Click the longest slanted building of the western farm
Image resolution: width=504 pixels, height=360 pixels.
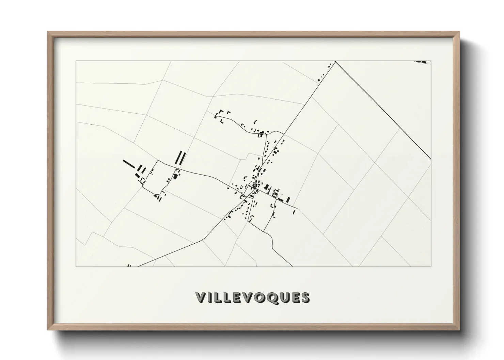(x=129, y=164)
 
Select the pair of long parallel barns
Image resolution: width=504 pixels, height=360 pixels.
(x=180, y=158)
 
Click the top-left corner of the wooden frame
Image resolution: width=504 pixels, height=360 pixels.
(x=48, y=32)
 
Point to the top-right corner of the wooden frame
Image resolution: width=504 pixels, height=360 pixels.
(x=459, y=32)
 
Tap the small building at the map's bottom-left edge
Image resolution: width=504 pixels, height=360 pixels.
(x=129, y=265)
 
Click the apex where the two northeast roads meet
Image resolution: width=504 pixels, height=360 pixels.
(x=335, y=62)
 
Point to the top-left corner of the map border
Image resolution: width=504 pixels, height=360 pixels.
(x=76, y=61)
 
